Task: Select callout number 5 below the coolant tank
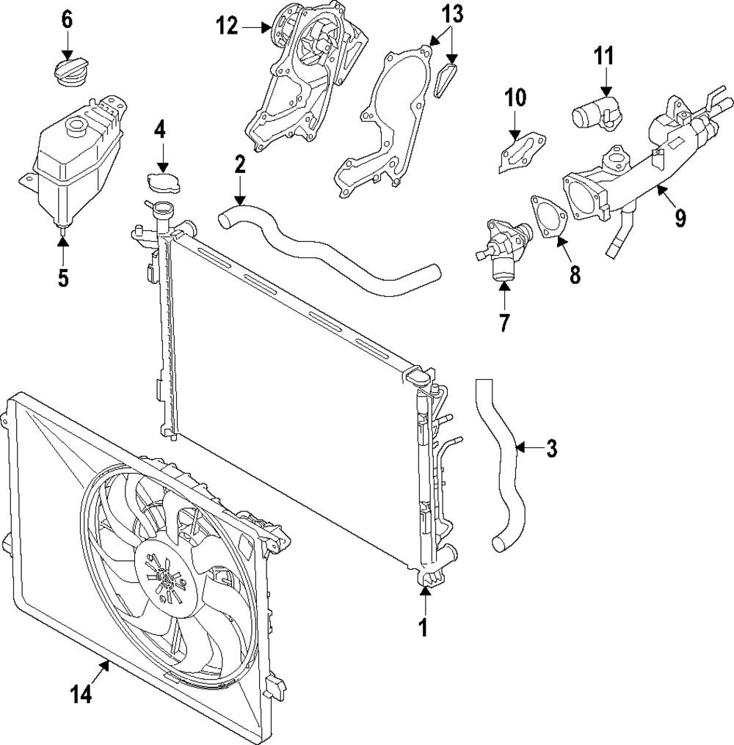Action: [x=63, y=277]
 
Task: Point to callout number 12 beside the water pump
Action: [x=228, y=26]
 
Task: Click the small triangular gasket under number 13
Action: [x=446, y=81]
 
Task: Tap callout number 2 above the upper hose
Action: [x=240, y=164]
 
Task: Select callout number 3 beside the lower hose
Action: [x=551, y=448]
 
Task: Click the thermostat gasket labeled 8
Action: [x=549, y=217]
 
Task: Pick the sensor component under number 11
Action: [x=595, y=113]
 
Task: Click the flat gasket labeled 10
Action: [x=522, y=153]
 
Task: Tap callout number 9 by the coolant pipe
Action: [x=680, y=218]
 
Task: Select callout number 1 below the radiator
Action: [x=423, y=627]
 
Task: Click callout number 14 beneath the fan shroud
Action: [x=81, y=695]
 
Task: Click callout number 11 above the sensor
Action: [x=604, y=56]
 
